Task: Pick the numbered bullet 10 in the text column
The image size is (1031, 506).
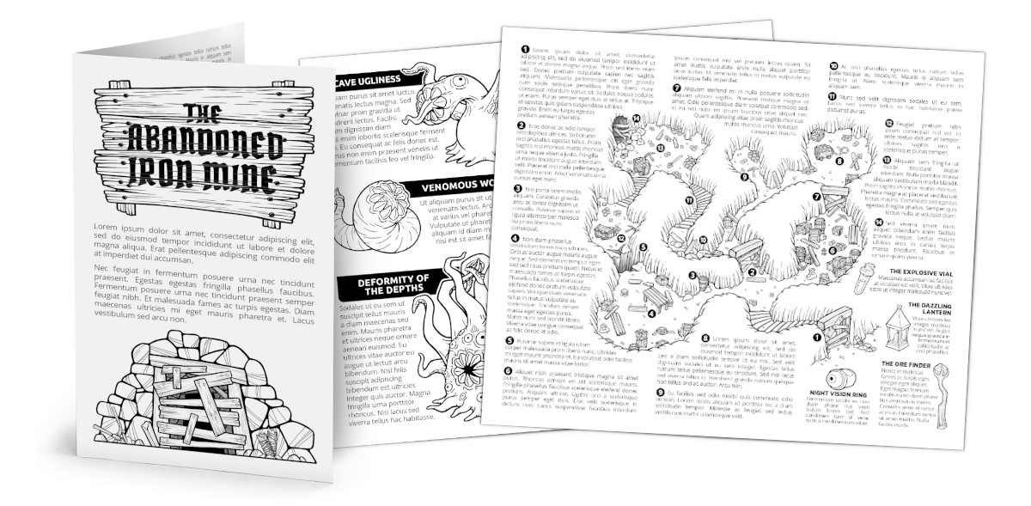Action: click(x=833, y=65)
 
